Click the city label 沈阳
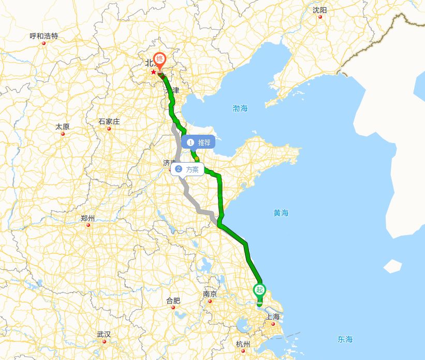tap(320, 10)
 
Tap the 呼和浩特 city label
tap(44, 36)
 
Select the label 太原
tap(62, 126)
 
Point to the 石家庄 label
tap(109, 122)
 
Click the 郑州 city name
tap(88, 218)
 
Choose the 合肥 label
tap(173, 300)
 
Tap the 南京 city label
tap(210, 294)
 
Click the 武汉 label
tap(104, 334)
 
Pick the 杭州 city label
tap(243, 344)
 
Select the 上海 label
tap(273, 317)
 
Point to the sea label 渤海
tap(240, 108)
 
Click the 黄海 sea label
tap(281, 212)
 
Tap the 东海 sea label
tap(345, 339)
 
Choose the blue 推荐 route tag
tap(199, 142)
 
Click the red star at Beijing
tap(153, 72)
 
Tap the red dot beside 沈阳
tap(320, 17)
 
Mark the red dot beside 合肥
tap(173, 307)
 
